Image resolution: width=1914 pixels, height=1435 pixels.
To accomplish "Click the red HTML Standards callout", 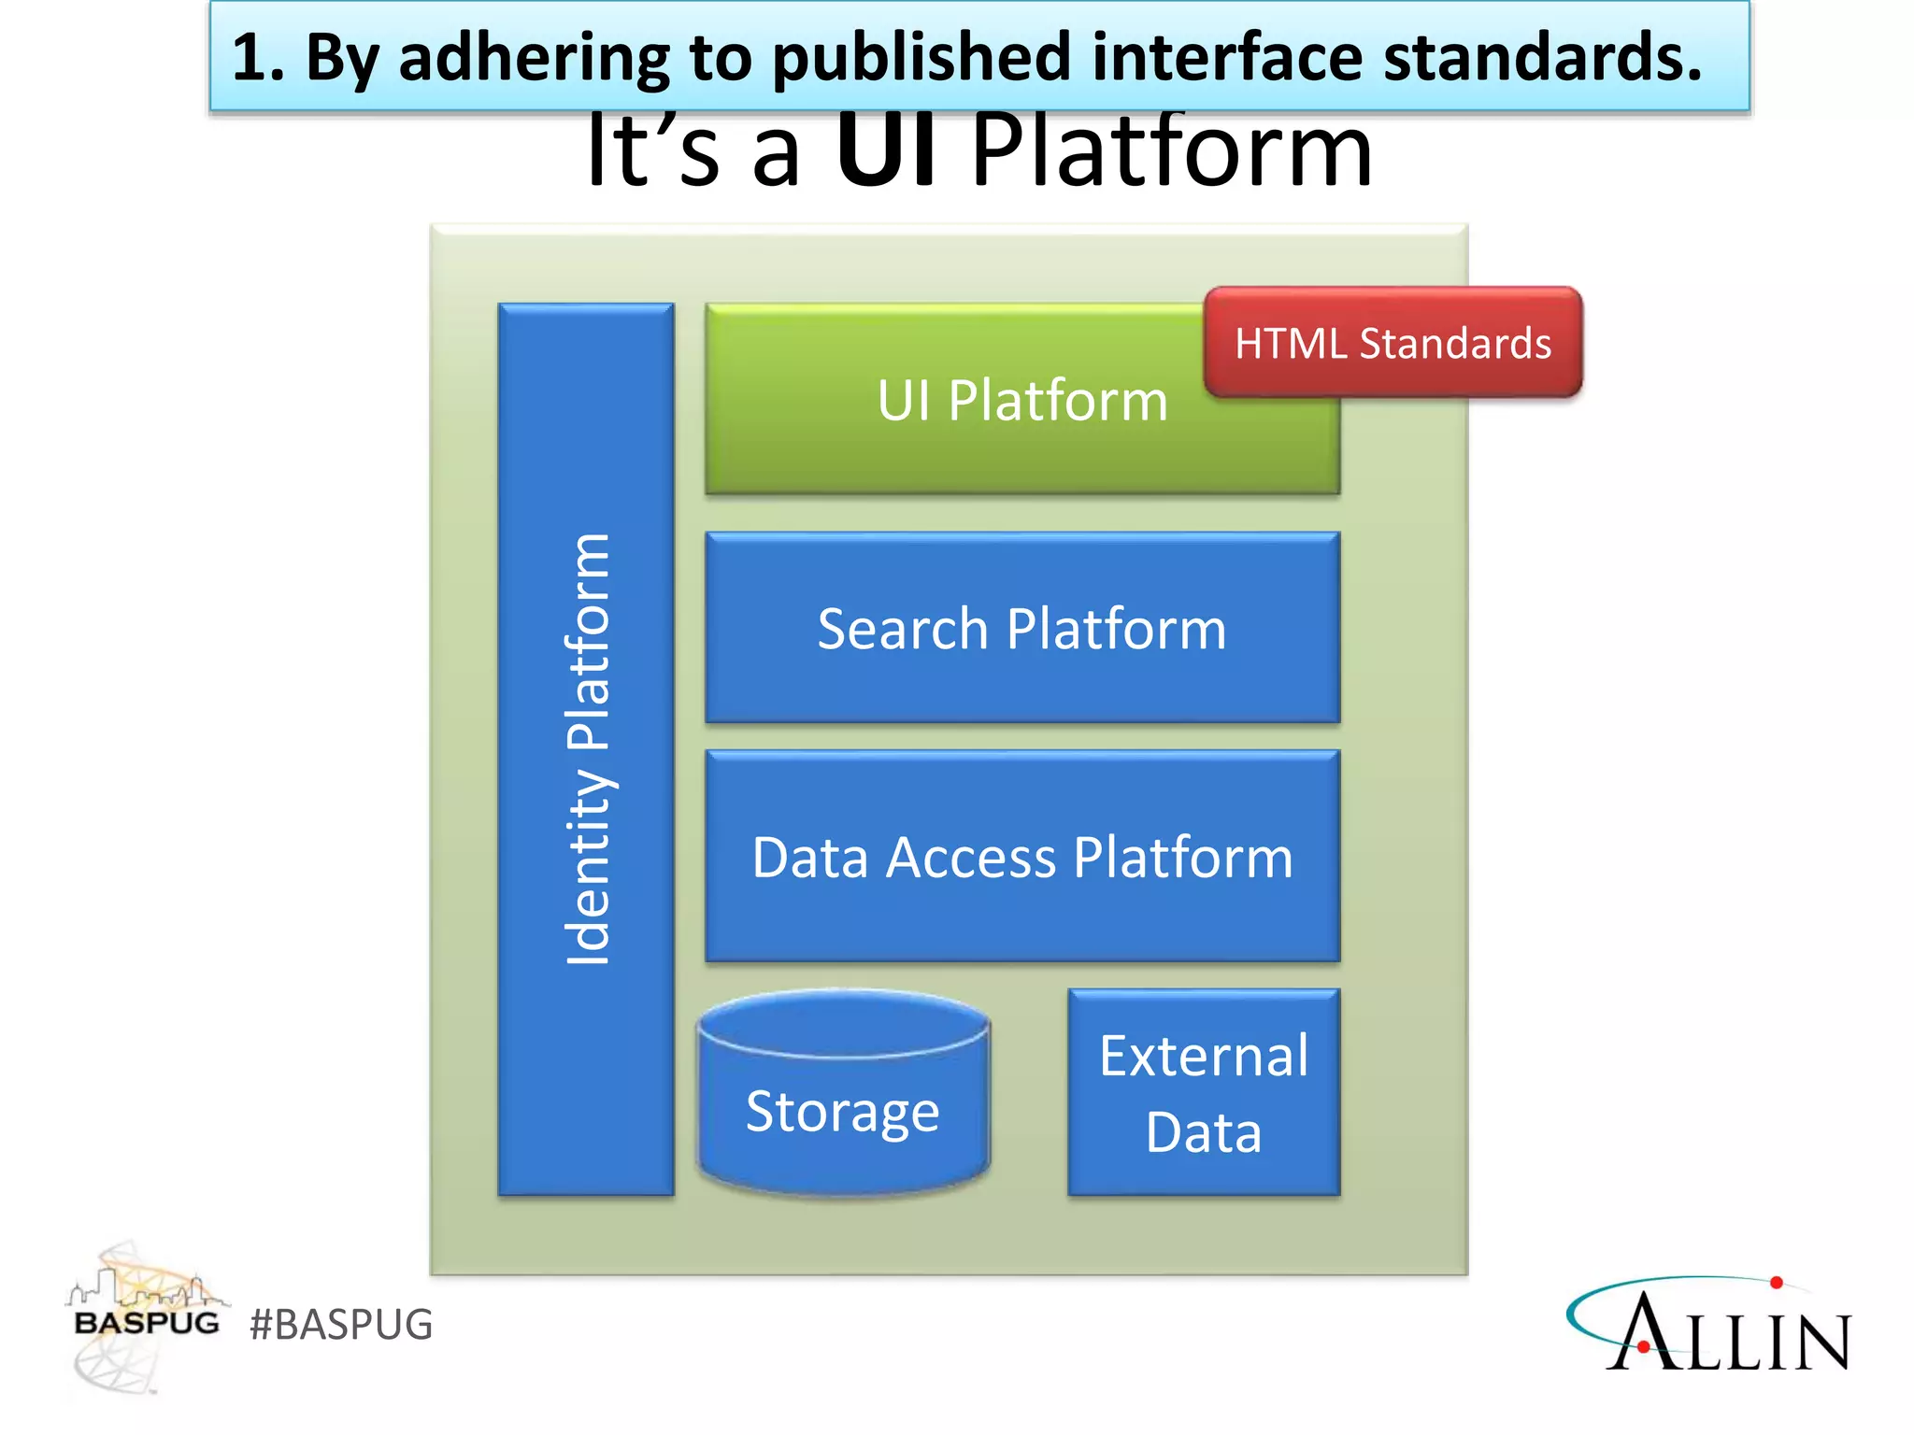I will (1393, 343).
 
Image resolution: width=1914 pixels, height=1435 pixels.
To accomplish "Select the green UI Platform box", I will (953, 420).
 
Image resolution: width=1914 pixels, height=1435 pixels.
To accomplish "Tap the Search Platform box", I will (1021, 628).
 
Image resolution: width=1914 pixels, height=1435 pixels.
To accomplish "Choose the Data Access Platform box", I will (1021, 857).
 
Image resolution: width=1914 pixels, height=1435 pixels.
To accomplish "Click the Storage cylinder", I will (843, 1112).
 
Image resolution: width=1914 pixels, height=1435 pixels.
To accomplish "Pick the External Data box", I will (1204, 1093).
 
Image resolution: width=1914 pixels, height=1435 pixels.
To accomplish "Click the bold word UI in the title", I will (884, 151).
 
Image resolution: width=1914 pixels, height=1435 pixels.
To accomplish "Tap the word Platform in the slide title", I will (1172, 151).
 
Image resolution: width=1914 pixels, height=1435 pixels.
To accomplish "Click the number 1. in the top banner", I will (256, 58).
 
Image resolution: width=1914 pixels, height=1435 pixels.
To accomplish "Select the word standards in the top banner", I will (1542, 58).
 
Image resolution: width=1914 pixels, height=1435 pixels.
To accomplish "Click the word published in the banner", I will (921, 58).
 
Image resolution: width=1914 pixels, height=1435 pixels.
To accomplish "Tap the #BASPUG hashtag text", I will (341, 1325).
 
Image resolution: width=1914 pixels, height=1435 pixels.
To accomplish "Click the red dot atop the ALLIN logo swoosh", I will (1777, 1283).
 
